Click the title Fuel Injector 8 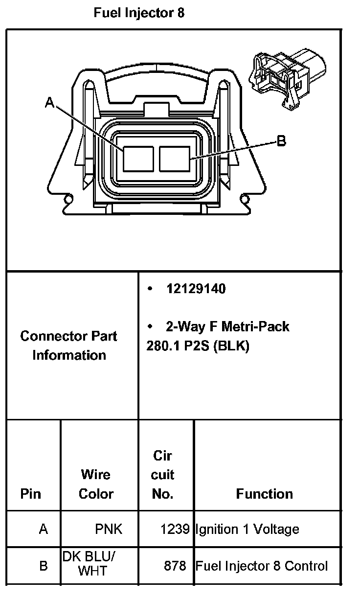click(139, 13)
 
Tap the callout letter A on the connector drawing click(49, 102)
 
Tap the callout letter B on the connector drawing click(281, 141)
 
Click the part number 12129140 click(196, 289)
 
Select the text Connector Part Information click(69, 346)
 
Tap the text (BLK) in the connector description click(230, 346)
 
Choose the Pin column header click(31, 494)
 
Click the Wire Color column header click(96, 484)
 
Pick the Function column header click(265, 494)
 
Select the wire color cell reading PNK click(109, 529)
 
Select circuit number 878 click(176, 566)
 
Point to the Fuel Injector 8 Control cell click(262, 566)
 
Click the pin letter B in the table click(44, 566)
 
